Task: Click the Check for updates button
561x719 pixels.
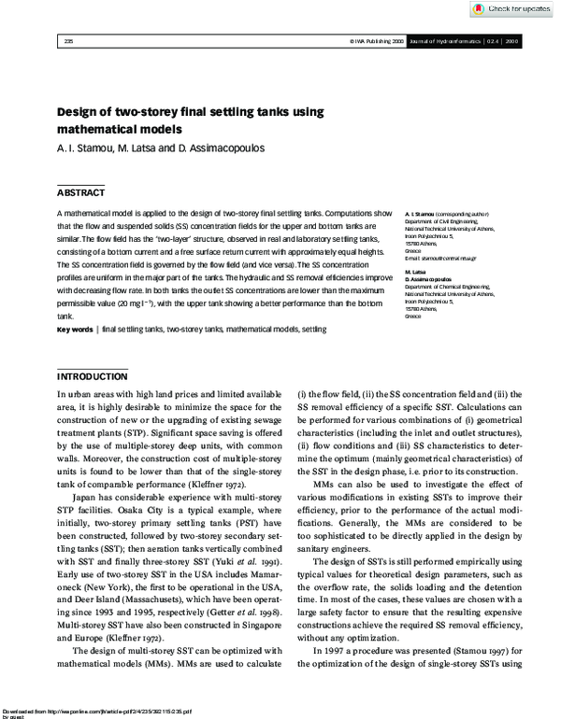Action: (x=511, y=8)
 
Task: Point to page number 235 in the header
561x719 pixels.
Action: (x=68, y=41)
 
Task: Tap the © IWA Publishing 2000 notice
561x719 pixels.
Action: (x=377, y=41)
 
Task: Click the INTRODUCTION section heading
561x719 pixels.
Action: (x=93, y=376)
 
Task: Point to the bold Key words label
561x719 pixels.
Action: (x=75, y=330)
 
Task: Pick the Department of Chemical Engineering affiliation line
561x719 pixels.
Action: (x=454, y=287)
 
